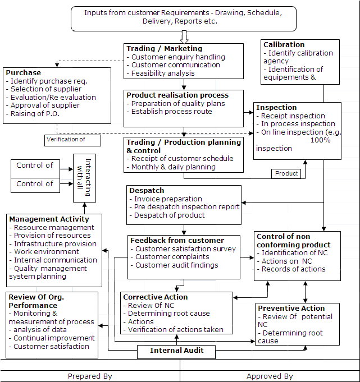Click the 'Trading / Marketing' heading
164,49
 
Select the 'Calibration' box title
284,45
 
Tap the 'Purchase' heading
24,73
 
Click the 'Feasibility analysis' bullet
162,73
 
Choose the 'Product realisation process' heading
177,95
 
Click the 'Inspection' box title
276,108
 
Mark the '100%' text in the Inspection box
320,140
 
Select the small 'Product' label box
286,174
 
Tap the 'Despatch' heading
147,191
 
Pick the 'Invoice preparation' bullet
168,199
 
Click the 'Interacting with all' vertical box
84,177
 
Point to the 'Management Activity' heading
49,219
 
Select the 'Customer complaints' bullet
172,257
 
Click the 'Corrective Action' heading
156,297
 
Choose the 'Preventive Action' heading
291,309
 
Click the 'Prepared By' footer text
90,376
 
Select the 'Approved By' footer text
270,376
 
